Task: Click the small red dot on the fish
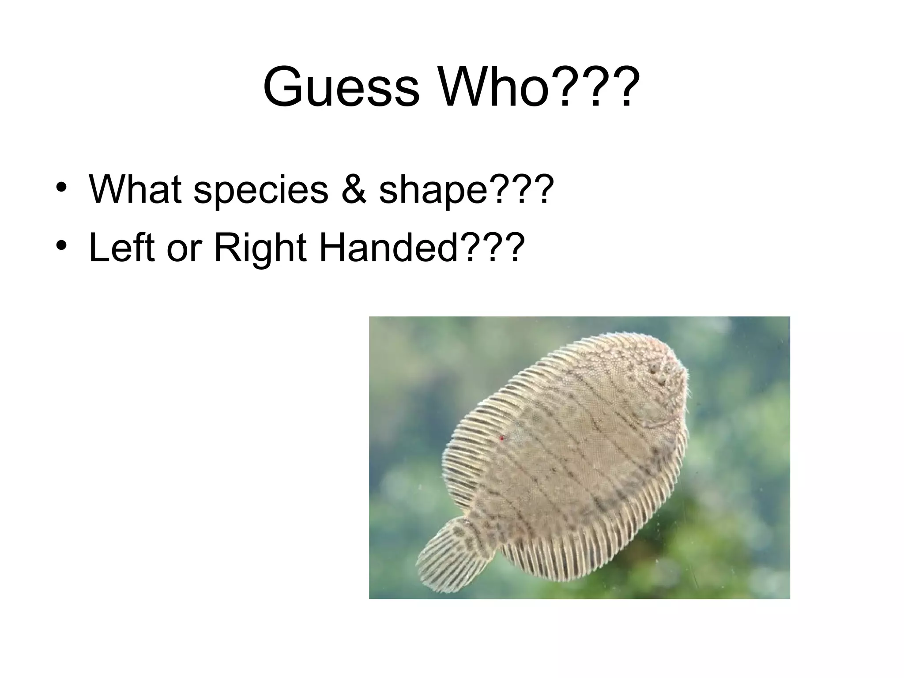[x=501, y=438]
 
